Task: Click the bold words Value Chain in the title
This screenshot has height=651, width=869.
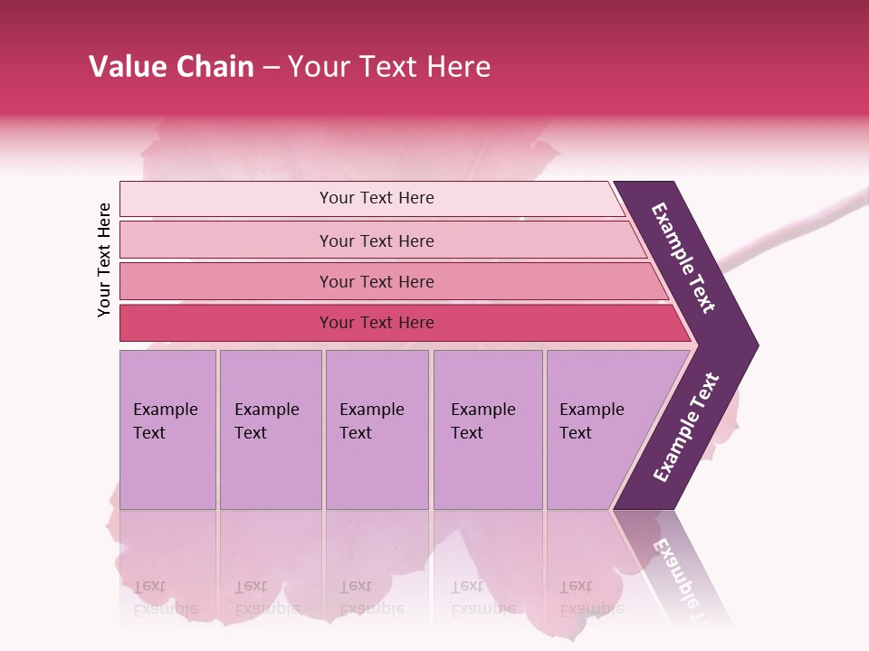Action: pyautogui.click(x=171, y=67)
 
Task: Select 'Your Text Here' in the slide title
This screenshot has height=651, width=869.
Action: pyautogui.click(x=389, y=67)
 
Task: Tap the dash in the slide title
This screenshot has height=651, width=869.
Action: pyautogui.click(x=271, y=68)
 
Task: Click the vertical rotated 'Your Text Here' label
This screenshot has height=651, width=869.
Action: pyautogui.click(x=105, y=259)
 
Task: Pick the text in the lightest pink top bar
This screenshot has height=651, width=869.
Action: pyautogui.click(x=377, y=198)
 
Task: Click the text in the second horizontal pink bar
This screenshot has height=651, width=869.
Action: pyautogui.click(x=377, y=241)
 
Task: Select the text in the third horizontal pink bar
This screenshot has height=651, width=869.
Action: pyautogui.click(x=377, y=282)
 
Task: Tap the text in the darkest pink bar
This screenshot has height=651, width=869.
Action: pyautogui.click(x=377, y=323)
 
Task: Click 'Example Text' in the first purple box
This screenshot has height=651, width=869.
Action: pyautogui.click(x=165, y=421)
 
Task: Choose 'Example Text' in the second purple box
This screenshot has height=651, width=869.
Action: pyautogui.click(x=266, y=421)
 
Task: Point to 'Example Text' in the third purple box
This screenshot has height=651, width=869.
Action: pyautogui.click(x=371, y=421)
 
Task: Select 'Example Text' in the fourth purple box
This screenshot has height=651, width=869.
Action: pyautogui.click(x=482, y=421)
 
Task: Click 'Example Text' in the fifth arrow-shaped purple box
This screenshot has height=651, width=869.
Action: pyautogui.click(x=591, y=421)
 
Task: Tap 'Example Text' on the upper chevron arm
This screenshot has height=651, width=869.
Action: pyautogui.click(x=684, y=258)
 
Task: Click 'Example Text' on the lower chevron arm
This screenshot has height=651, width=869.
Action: pyautogui.click(x=686, y=428)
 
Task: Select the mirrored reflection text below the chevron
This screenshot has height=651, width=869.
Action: pyautogui.click(x=681, y=579)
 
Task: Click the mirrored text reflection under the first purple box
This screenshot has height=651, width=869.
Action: pyautogui.click(x=165, y=598)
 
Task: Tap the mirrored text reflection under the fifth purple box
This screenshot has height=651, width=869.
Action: pyautogui.click(x=591, y=598)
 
